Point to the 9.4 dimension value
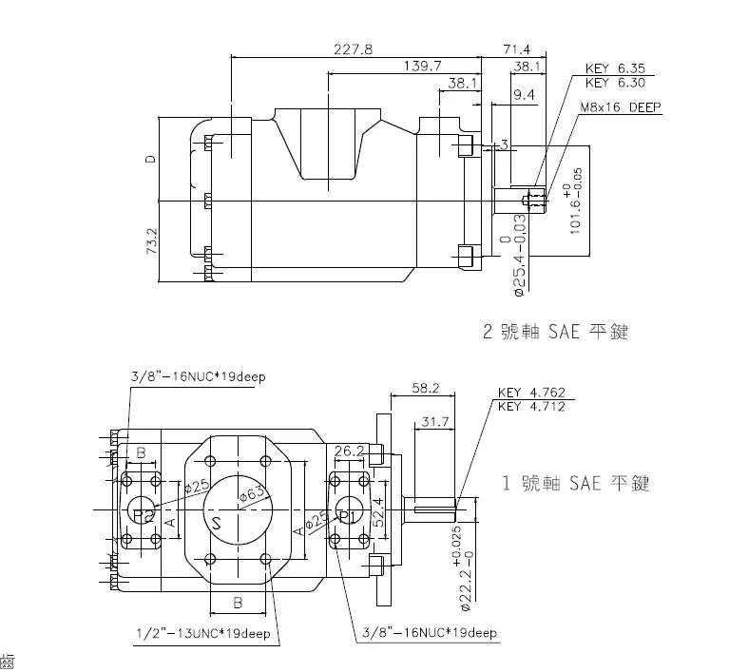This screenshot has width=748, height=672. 524,94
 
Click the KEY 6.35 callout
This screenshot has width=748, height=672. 615,68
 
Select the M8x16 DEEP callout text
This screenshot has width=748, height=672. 620,107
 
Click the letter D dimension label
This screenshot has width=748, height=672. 150,160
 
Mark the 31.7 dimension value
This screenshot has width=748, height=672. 435,421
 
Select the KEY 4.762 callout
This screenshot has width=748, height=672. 531,393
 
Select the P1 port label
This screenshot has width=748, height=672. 347,516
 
